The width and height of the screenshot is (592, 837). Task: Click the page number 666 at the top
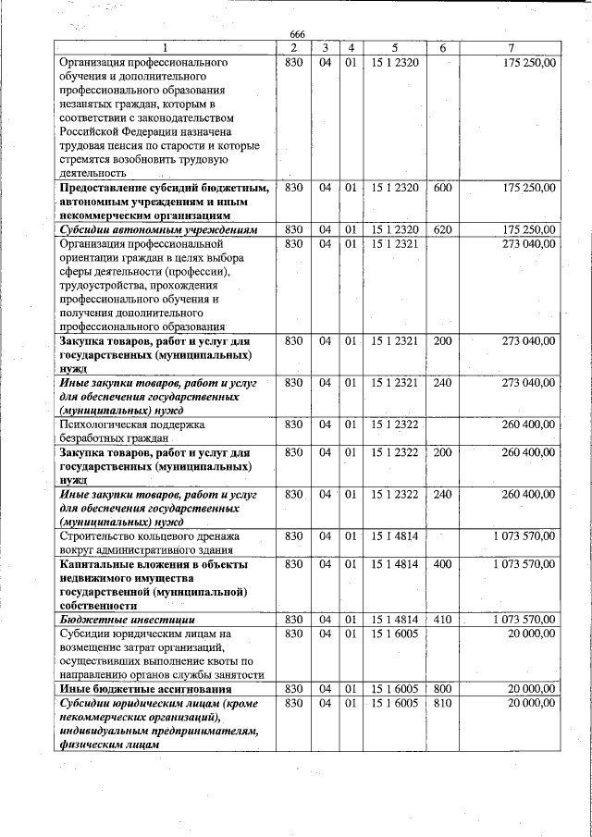[296, 34]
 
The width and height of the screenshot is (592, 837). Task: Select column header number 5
[394, 47]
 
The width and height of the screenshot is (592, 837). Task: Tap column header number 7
[511, 47]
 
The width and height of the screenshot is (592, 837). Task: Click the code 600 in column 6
[442, 188]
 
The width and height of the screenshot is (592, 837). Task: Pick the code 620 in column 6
[442, 229]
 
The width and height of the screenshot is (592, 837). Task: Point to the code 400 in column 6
[442, 563]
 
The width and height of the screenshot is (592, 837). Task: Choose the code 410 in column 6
[442, 619]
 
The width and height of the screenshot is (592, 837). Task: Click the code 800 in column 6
[442, 689]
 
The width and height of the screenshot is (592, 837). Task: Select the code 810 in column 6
[442, 704]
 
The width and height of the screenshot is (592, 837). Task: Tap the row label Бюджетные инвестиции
[115, 619]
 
